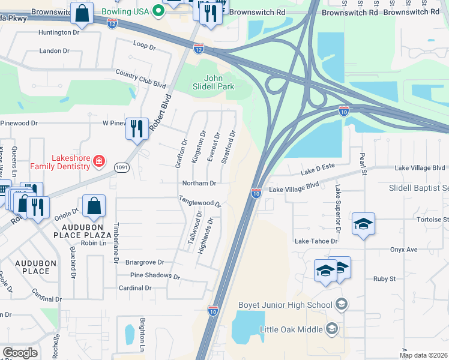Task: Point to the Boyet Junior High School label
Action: click(x=285, y=305)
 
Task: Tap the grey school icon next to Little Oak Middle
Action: click(x=332, y=328)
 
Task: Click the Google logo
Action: click(x=20, y=352)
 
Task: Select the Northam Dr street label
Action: click(x=198, y=183)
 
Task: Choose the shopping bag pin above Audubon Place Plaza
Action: click(x=94, y=207)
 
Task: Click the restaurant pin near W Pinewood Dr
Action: click(x=137, y=128)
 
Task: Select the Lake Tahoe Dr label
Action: click(x=316, y=241)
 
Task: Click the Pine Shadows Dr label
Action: click(x=155, y=276)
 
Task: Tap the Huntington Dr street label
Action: click(x=59, y=32)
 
